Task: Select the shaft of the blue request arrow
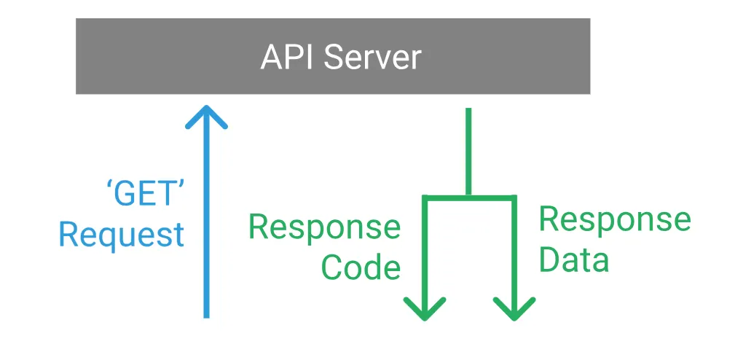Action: (207, 219)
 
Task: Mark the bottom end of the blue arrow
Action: (207, 316)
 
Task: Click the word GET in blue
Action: (142, 195)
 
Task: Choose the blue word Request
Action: (121, 235)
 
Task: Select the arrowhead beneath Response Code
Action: (424, 309)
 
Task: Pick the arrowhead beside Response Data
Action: (514, 309)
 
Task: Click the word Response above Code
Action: (324, 227)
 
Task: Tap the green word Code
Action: (361, 267)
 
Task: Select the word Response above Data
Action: (614, 219)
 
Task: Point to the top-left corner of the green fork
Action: (424, 197)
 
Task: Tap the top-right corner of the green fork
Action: (514, 197)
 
